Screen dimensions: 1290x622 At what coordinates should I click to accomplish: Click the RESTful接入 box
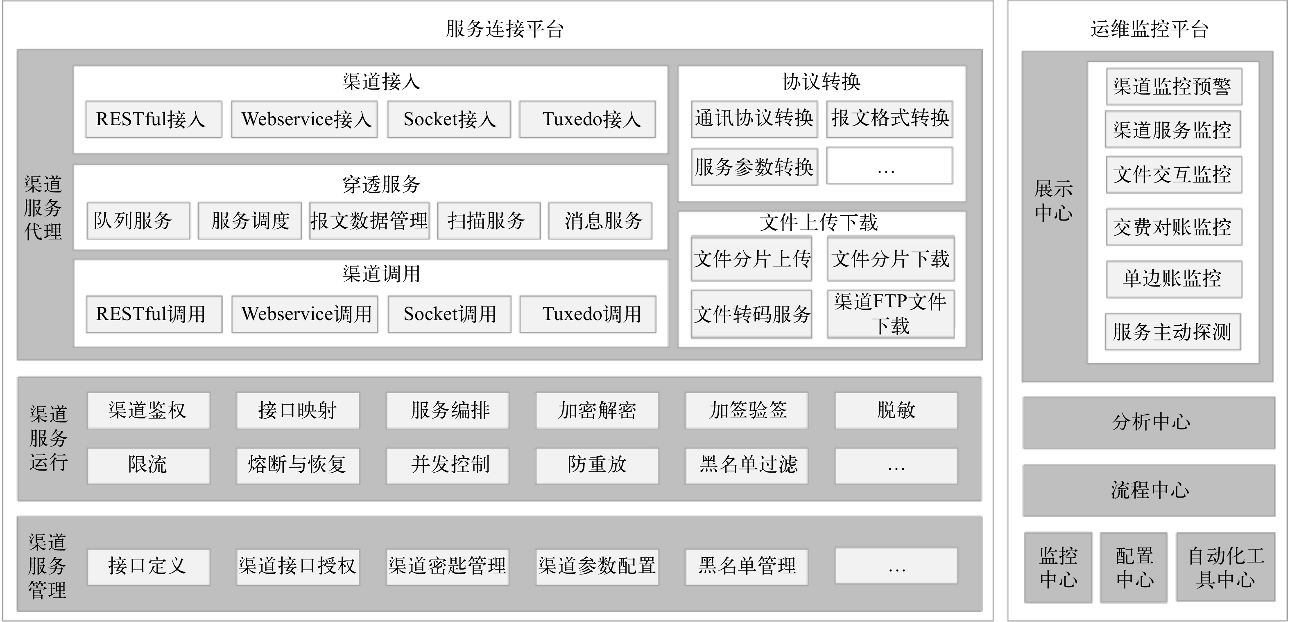coord(153,119)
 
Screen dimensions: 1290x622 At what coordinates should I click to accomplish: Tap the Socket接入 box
coord(449,119)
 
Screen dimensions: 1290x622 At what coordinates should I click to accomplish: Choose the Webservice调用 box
coord(305,314)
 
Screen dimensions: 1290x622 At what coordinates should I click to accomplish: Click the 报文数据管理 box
coord(369,221)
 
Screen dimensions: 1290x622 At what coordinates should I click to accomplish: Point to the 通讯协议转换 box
coord(754,119)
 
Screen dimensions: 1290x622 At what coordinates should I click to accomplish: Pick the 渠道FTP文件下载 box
coord(890,314)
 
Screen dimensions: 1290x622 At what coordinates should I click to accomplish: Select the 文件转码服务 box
coord(751,314)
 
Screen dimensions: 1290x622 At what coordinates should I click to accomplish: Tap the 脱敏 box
coord(896,411)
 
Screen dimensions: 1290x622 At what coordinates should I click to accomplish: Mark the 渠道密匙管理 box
coord(447,567)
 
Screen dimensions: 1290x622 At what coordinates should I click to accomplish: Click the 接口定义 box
coord(148,567)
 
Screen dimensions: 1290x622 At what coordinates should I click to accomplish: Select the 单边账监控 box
coord(1174,279)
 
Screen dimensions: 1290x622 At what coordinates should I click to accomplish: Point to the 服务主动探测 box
coord(1173,332)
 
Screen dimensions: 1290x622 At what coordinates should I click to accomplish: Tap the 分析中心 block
coord(1149,422)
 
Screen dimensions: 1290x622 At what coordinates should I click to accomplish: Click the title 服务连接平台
coord(505,29)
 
